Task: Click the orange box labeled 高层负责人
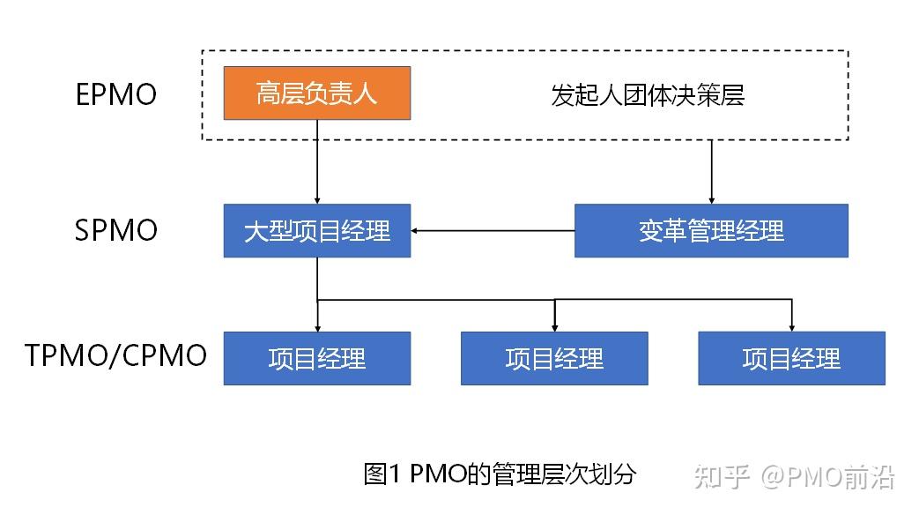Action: pyautogui.click(x=316, y=93)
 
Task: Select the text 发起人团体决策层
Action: pyautogui.click(x=648, y=95)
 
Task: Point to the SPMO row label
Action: pyautogui.click(x=116, y=231)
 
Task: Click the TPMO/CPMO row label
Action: pyautogui.click(x=116, y=357)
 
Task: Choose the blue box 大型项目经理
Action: pyautogui.click(x=316, y=231)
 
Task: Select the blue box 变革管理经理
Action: pyautogui.click(x=711, y=231)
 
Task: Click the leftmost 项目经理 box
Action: pyautogui.click(x=316, y=358)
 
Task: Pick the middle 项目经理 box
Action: pyautogui.click(x=554, y=358)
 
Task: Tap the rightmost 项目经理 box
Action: pyautogui.click(x=791, y=358)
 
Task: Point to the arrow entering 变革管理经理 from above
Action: pyautogui.click(x=711, y=172)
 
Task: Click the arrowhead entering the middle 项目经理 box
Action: pyautogui.click(x=554, y=326)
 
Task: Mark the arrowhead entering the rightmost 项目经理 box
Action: pyautogui.click(x=791, y=326)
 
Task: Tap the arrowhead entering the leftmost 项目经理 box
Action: pyautogui.click(x=316, y=326)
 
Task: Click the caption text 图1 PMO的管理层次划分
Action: pyautogui.click(x=499, y=474)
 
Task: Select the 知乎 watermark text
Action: pyautogui.click(x=722, y=477)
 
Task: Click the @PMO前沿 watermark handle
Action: pyautogui.click(x=828, y=477)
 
